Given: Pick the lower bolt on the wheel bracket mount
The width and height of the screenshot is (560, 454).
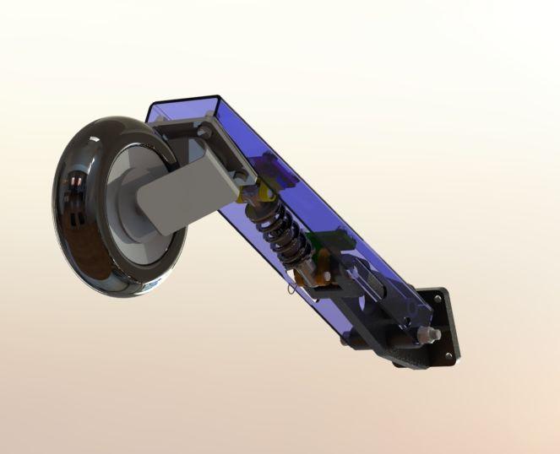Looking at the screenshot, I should (242, 175).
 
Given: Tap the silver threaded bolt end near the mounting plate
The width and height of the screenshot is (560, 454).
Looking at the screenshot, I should (434, 336).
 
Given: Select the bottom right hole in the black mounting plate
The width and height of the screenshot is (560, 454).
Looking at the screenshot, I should (453, 354).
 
